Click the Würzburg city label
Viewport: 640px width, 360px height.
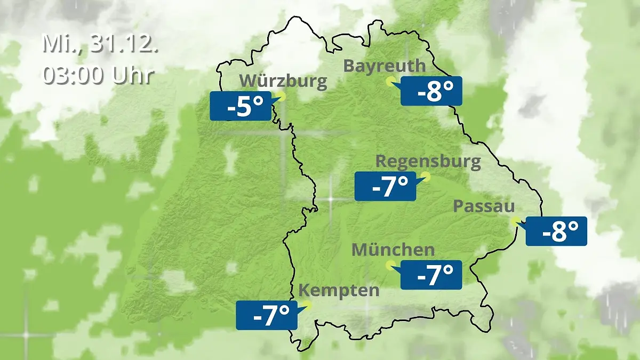(283, 81)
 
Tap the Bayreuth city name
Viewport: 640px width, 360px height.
(385, 66)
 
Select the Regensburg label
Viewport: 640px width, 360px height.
(428, 161)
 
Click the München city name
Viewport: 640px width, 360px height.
(393, 249)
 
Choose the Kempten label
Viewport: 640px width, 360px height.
(339, 291)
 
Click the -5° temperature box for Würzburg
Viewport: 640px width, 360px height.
(240, 106)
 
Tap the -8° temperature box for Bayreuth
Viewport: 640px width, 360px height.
(431, 91)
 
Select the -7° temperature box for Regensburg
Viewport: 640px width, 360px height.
(385, 186)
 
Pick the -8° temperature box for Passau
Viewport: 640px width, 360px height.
(556, 231)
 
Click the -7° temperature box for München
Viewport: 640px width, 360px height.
(431, 275)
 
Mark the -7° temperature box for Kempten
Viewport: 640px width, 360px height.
(266, 315)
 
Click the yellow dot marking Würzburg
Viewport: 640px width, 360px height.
(281, 97)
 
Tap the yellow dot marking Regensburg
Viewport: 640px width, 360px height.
(425, 177)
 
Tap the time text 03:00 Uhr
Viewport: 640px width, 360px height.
(98, 75)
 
